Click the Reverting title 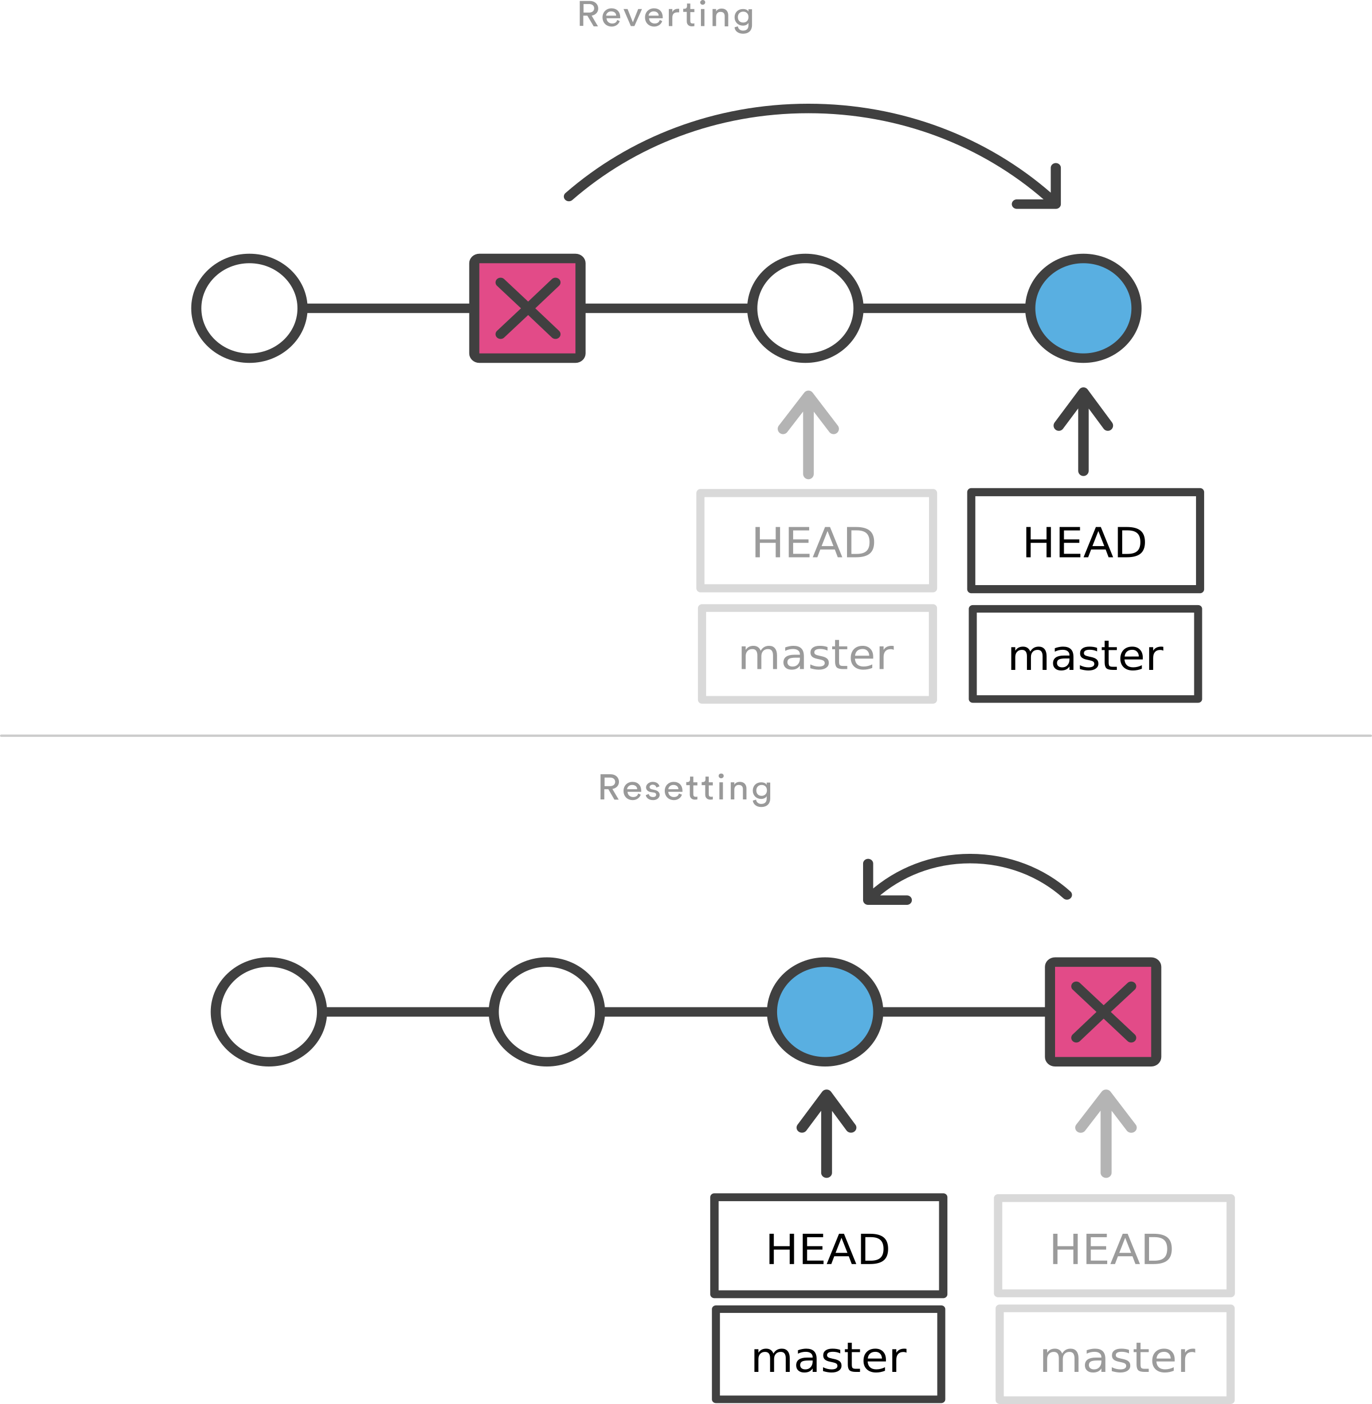(x=665, y=16)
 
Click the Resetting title (x=684, y=788)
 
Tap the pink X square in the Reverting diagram (x=527, y=308)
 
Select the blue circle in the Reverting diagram (x=1083, y=308)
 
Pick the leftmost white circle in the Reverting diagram (x=249, y=308)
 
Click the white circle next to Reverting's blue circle (x=806, y=308)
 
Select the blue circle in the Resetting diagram (x=825, y=1012)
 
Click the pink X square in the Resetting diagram (x=1103, y=1012)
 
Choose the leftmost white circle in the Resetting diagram (x=269, y=1012)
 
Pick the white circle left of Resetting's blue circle (x=547, y=1012)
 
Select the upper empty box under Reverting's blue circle (x=1085, y=540)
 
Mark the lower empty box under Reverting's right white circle (x=817, y=653)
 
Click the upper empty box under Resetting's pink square (x=1114, y=1245)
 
